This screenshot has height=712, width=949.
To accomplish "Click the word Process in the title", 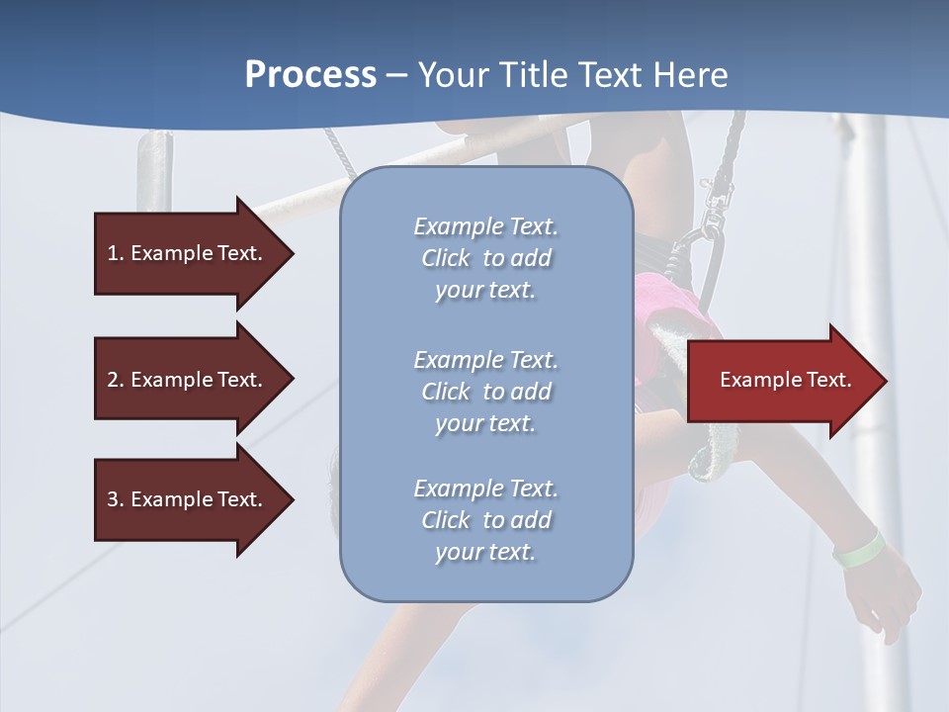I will tap(310, 75).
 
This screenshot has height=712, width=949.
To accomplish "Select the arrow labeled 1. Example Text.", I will tap(188, 253).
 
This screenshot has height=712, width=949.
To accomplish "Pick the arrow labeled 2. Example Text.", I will tap(188, 380).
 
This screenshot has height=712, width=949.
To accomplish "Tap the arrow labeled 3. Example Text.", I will tap(188, 499).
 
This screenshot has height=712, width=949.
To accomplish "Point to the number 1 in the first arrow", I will tap(113, 253).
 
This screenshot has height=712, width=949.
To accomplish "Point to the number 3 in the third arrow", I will tap(113, 499).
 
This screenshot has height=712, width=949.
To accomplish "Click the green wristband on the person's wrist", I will tap(857, 550).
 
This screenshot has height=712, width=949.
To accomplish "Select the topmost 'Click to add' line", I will tap(485, 258).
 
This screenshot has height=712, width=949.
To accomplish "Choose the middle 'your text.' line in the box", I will tap(485, 423).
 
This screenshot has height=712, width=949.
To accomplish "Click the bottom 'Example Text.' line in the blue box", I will tap(485, 489).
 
